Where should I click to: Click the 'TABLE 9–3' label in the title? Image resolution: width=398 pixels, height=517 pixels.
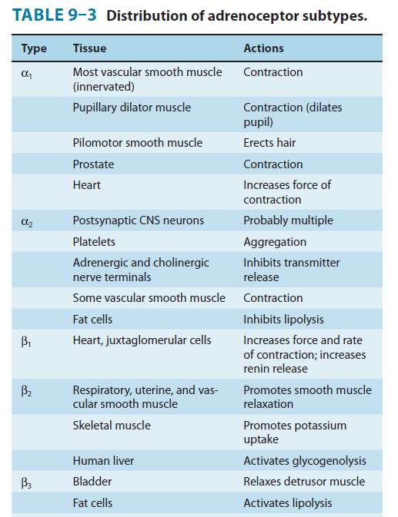coord(55,15)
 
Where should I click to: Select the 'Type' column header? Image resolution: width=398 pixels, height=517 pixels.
coord(34,49)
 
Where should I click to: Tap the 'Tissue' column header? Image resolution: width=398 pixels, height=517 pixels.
coord(89,48)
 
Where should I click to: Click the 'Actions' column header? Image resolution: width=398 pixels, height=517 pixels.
coord(263,48)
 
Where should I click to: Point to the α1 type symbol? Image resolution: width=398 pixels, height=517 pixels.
coord(27,74)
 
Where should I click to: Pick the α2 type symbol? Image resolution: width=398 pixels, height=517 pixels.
coord(27,222)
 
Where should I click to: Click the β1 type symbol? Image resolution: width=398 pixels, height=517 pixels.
coord(26,342)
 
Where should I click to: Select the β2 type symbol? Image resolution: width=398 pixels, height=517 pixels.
coord(26,391)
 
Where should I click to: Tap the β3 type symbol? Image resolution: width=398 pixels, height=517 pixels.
coord(26,483)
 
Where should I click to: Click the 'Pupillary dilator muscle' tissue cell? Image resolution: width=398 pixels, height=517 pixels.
coord(132,108)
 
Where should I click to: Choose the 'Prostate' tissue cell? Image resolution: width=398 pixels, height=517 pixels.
coord(93,164)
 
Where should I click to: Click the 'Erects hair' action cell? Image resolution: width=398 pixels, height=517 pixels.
coord(269,143)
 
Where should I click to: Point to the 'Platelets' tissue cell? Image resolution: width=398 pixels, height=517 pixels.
coord(94,242)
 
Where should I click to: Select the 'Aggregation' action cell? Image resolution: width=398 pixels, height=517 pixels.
coord(275,242)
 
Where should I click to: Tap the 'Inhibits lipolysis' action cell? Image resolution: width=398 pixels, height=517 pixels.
coord(284,320)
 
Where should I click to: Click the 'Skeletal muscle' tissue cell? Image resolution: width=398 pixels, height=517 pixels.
coord(112,426)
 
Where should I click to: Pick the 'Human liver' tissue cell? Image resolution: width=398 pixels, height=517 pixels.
coord(103,461)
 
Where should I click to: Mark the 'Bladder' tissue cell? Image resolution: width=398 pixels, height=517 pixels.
coord(92,482)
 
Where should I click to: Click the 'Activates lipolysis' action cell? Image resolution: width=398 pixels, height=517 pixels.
coord(288,503)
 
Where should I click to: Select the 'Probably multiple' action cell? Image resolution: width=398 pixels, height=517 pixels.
coord(289,220)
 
